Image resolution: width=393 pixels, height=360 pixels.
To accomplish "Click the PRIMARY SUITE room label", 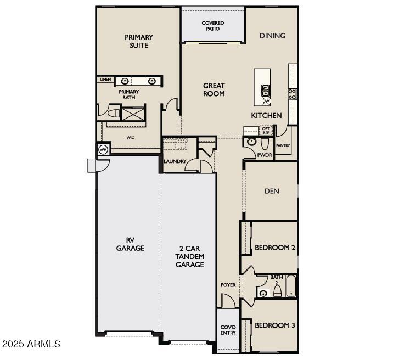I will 139,41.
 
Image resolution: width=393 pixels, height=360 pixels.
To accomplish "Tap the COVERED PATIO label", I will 212,26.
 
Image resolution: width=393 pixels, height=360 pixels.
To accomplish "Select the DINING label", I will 272,36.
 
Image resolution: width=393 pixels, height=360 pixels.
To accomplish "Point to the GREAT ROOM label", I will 214,89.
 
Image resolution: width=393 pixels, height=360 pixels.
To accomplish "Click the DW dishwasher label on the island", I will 266,101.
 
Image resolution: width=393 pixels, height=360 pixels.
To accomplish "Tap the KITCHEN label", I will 266,115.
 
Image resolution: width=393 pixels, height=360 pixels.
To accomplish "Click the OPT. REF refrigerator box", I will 266,131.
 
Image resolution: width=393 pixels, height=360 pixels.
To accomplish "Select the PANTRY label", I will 283,145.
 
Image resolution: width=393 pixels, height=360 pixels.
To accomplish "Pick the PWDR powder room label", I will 265,155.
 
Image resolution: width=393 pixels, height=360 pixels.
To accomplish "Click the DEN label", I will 272,191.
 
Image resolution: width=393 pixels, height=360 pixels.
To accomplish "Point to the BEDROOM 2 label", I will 274,248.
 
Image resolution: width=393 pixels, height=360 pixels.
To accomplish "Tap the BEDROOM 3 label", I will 274,325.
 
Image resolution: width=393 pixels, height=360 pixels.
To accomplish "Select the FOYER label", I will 228,285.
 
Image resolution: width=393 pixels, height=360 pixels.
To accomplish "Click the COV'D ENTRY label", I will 228,330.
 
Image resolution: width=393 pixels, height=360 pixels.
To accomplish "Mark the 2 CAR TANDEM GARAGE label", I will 189,256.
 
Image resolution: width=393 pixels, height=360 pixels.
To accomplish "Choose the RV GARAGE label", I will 130,244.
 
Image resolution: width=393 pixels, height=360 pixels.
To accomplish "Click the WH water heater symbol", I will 103,149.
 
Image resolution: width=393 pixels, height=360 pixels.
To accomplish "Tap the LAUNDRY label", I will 175,161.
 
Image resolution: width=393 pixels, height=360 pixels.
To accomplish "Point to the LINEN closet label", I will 105,80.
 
